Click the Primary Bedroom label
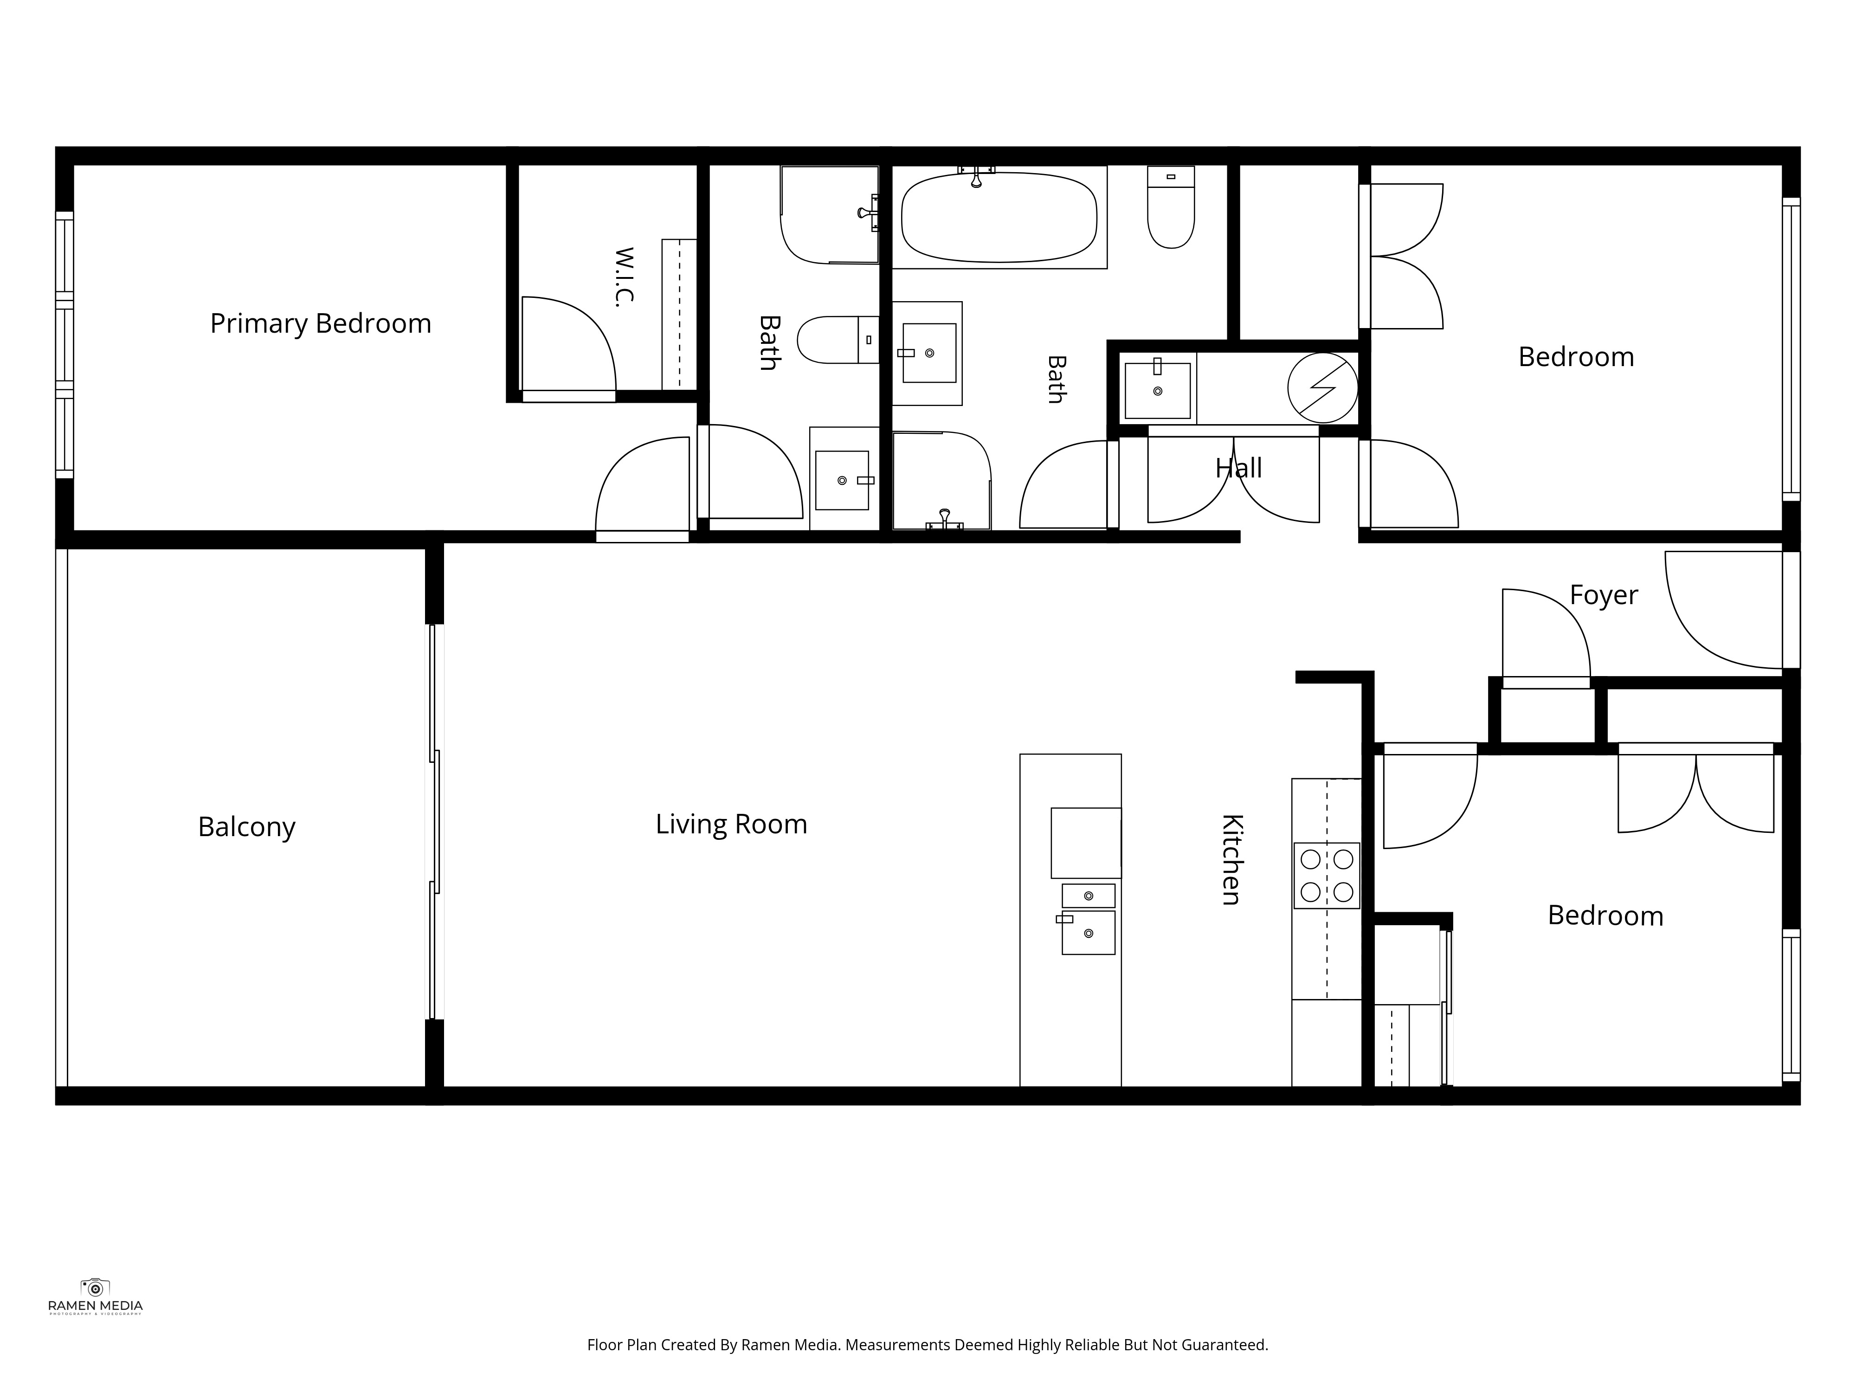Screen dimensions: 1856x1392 [x=321, y=324]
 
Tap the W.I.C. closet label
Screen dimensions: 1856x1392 [x=624, y=277]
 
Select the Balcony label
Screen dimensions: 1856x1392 [x=247, y=827]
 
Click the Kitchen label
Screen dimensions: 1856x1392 [x=1231, y=859]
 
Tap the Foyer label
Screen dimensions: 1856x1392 [x=1604, y=595]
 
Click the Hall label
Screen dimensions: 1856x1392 [x=1238, y=468]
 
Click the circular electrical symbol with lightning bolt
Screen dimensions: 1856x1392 [x=1323, y=387]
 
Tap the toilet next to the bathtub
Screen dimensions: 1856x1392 [x=1171, y=207]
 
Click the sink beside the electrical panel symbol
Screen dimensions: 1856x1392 [x=1158, y=390]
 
